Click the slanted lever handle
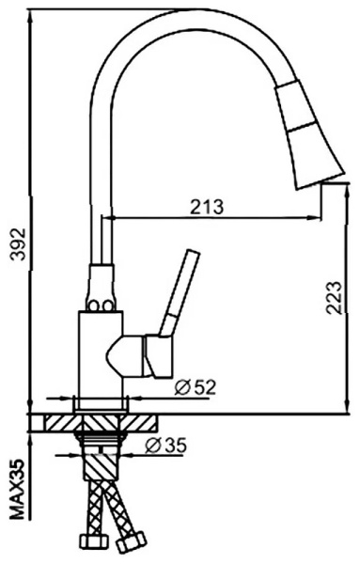coord(179,291)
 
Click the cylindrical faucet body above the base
coord(98,357)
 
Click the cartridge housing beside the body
coord(141,354)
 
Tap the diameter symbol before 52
coord(180,385)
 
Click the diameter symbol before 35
coord(153,446)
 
